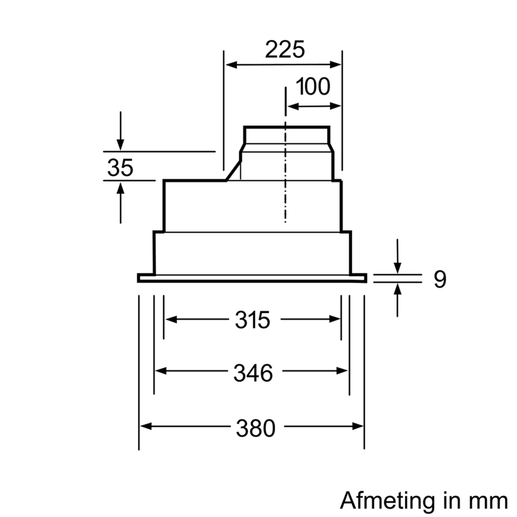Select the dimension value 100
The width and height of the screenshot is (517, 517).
[x=314, y=87]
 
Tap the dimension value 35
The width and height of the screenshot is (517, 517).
[x=120, y=168]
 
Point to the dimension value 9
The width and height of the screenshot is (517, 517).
[x=439, y=279]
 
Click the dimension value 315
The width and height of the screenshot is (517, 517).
[x=252, y=320]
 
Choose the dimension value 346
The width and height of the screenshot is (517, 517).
[x=252, y=373]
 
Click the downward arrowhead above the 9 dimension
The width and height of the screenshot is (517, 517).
[x=398, y=269]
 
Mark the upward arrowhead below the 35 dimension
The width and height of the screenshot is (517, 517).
[x=120, y=186]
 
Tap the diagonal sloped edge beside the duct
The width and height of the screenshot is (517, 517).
[x=233, y=170]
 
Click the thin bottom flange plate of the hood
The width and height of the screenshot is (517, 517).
[x=252, y=279]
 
